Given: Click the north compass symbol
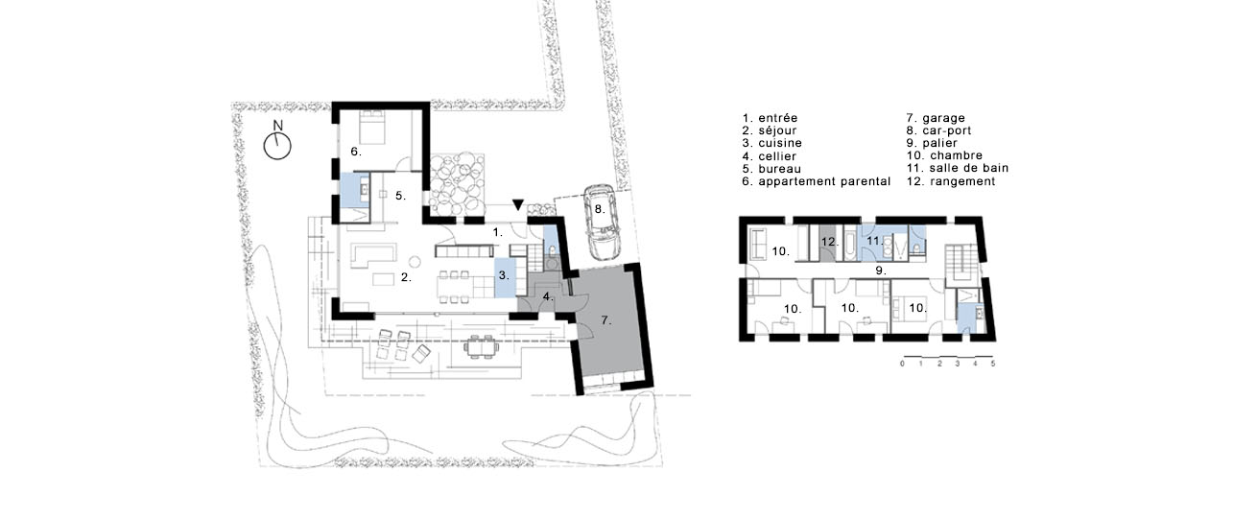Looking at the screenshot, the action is point(277,146).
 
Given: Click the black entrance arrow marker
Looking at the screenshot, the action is point(518,205).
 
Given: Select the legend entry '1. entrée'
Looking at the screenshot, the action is point(770,118).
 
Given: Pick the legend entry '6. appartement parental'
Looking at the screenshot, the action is point(816,181).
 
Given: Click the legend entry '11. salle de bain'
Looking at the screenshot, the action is point(958,168).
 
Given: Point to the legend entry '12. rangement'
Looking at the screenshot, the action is point(951,181).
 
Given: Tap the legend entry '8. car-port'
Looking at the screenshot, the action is point(938,130).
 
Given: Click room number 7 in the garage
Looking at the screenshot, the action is point(605,320).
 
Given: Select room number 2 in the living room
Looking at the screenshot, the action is point(406,277).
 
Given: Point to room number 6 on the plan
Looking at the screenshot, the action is point(356,152).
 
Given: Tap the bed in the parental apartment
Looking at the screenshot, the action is point(371,128).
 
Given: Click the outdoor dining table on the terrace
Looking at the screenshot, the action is point(482,347).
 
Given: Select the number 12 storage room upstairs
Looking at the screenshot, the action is point(828,243).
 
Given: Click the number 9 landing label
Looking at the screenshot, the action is point(881,271).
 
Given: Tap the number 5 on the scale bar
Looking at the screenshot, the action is point(993,364).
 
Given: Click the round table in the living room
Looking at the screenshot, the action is point(415,262).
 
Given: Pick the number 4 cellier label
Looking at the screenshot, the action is point(548,296).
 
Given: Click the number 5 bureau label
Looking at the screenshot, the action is point(401,196).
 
